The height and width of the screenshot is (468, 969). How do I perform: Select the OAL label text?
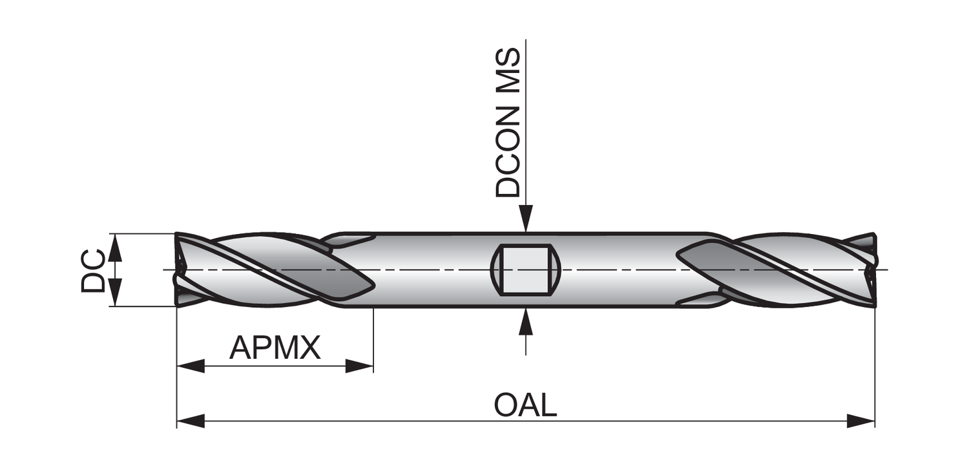coord(525,405)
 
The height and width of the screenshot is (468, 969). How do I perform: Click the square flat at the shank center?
coord(525,269)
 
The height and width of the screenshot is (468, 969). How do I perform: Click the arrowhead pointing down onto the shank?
coord(526,218)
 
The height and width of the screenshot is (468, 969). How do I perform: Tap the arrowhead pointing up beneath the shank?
coord(526,321)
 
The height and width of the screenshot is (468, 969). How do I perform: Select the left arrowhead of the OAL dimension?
coord(191,421)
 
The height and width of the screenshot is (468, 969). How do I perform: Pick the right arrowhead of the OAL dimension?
coord(861,421)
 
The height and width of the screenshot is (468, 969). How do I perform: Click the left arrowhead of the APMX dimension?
coord(191,367)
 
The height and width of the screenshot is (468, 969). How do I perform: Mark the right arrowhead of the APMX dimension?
coord(360,367)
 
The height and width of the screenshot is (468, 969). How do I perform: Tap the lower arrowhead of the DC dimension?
coord(114,292)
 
